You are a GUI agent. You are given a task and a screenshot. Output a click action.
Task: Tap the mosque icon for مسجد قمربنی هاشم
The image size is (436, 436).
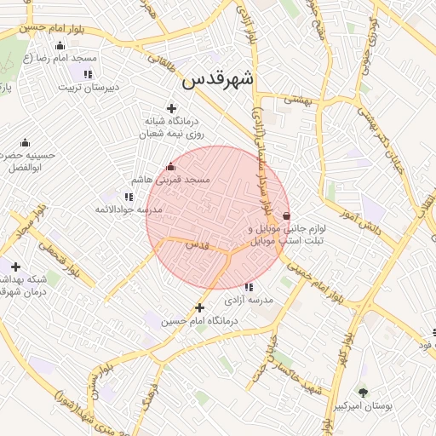(170, 166)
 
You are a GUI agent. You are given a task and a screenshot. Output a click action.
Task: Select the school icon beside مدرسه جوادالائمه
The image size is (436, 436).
(129, 197)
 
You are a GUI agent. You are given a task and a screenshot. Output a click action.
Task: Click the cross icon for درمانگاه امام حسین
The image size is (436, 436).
(199, 307)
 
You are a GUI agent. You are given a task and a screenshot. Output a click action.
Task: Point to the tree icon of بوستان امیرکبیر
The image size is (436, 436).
(364, 393)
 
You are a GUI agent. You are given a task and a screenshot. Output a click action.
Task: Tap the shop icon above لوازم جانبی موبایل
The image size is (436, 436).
(285, 215)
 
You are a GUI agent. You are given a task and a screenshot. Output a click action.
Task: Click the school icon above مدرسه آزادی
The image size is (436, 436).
(249, 287)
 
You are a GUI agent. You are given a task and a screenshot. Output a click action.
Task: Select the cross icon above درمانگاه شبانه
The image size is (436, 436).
(172, 108)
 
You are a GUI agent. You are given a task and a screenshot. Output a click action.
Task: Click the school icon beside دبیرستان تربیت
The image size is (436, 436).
(88, 74)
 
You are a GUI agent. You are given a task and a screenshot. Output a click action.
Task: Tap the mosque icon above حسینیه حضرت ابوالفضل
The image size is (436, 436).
(24, 142)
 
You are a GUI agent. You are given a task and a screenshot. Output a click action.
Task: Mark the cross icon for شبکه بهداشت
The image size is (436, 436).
(14, 267)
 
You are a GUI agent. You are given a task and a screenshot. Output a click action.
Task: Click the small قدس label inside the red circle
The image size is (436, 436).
(197, 244)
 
